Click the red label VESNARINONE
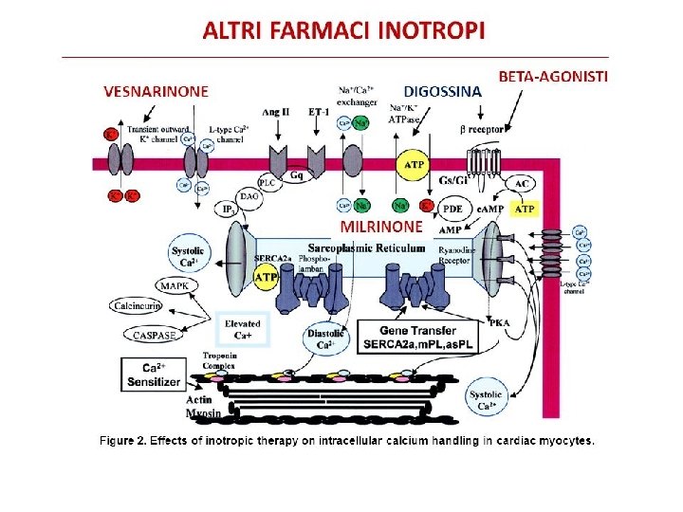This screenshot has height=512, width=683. tap(157, 91)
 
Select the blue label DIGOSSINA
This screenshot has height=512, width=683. tap(444, 91)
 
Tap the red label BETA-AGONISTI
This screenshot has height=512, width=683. tap(553, 75)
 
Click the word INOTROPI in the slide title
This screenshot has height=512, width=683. tap(432, 30)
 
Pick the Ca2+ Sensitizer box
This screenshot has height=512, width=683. tap(153, 375)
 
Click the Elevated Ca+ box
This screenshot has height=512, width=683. tap(243, 329)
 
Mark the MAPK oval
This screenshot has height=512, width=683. tap(174, 285)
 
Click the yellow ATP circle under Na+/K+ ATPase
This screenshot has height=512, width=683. tap(415, 166)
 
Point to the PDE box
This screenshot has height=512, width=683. tap(453, 208)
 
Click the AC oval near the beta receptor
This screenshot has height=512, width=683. tap(522, 182)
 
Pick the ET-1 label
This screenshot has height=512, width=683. tap(319, 112)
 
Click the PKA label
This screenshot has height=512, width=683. tap(500, 322)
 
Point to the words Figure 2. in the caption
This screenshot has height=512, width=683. tap(129, 440)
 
